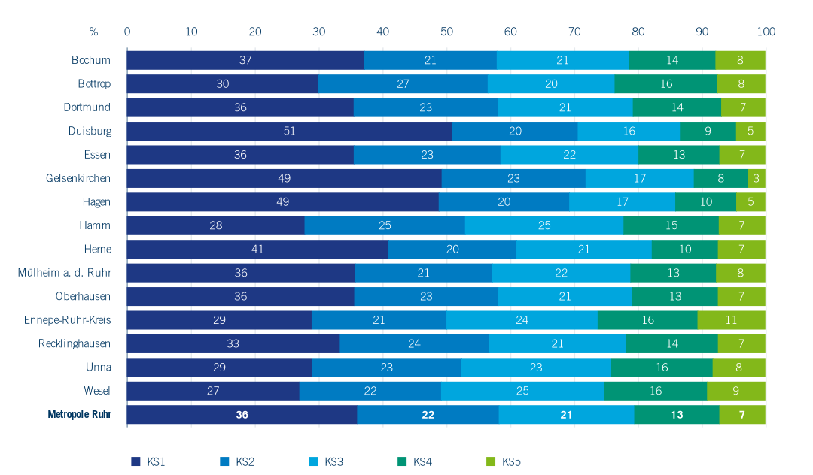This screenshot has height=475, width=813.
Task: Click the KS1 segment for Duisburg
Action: (x=289, y=131)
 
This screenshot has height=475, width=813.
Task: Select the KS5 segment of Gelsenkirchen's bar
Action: (x=757, y=178)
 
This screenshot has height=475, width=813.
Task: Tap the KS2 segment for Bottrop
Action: (x=403, y=83)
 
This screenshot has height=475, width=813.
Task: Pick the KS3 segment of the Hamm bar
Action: (x=544, y=225)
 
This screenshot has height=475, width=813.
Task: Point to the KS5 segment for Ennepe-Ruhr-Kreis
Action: (x=731, y=320)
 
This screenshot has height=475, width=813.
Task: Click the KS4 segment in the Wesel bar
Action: (x=655, y=391)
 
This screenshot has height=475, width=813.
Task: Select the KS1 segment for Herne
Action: (x=257, y=249)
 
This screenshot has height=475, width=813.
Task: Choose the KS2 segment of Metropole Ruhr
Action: (x=428, y=414)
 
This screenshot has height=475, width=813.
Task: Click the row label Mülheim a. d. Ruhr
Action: (x=65, y=272)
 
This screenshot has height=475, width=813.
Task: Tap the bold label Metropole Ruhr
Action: (x=79, y=414)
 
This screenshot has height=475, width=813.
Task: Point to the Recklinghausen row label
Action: (x=75, y=343)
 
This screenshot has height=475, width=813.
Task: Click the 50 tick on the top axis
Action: (x=446, y=32)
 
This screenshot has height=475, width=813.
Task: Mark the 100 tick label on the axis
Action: (x=766, y=32)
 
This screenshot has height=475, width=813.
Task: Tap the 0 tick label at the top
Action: (x=127, y=32)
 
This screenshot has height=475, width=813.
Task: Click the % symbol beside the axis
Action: (x=93, y=32)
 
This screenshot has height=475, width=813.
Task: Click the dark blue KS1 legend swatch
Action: (x=136, y=461)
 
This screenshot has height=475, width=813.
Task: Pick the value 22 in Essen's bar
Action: (x=569, y=155)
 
